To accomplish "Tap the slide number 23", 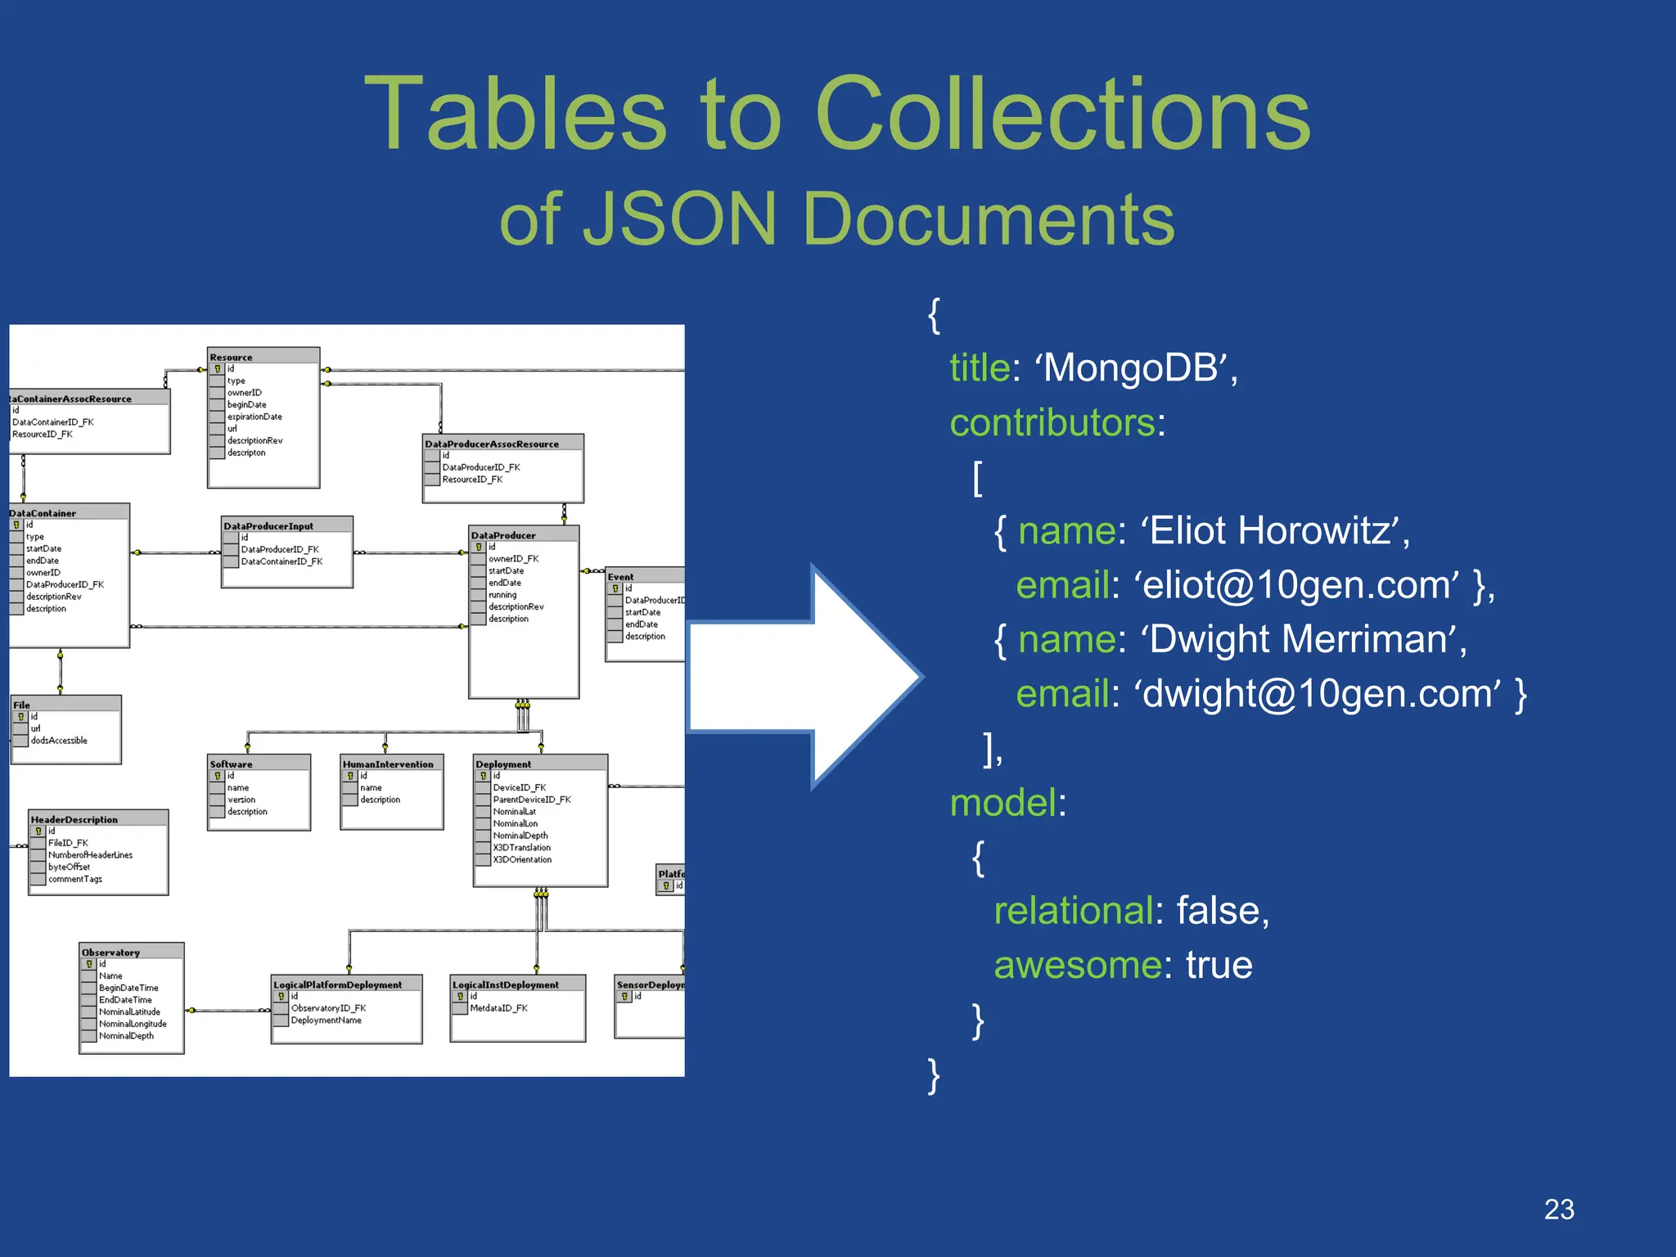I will [1558, 1209].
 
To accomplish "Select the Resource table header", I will [232, 357].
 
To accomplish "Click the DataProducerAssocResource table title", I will [492, 444].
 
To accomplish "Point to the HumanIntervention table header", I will [388, 764].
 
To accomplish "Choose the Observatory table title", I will [110, 952].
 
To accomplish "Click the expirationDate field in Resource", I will [255, 417].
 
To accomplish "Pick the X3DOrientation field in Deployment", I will [522, 859].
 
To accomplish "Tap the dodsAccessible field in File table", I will [59, 740].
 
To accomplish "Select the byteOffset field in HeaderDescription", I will [69, 867].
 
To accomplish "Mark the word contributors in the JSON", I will [1052, 422].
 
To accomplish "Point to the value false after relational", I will [1222, 911].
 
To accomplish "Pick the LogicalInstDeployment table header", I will [506, 984].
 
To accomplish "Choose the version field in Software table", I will [241, 800].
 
